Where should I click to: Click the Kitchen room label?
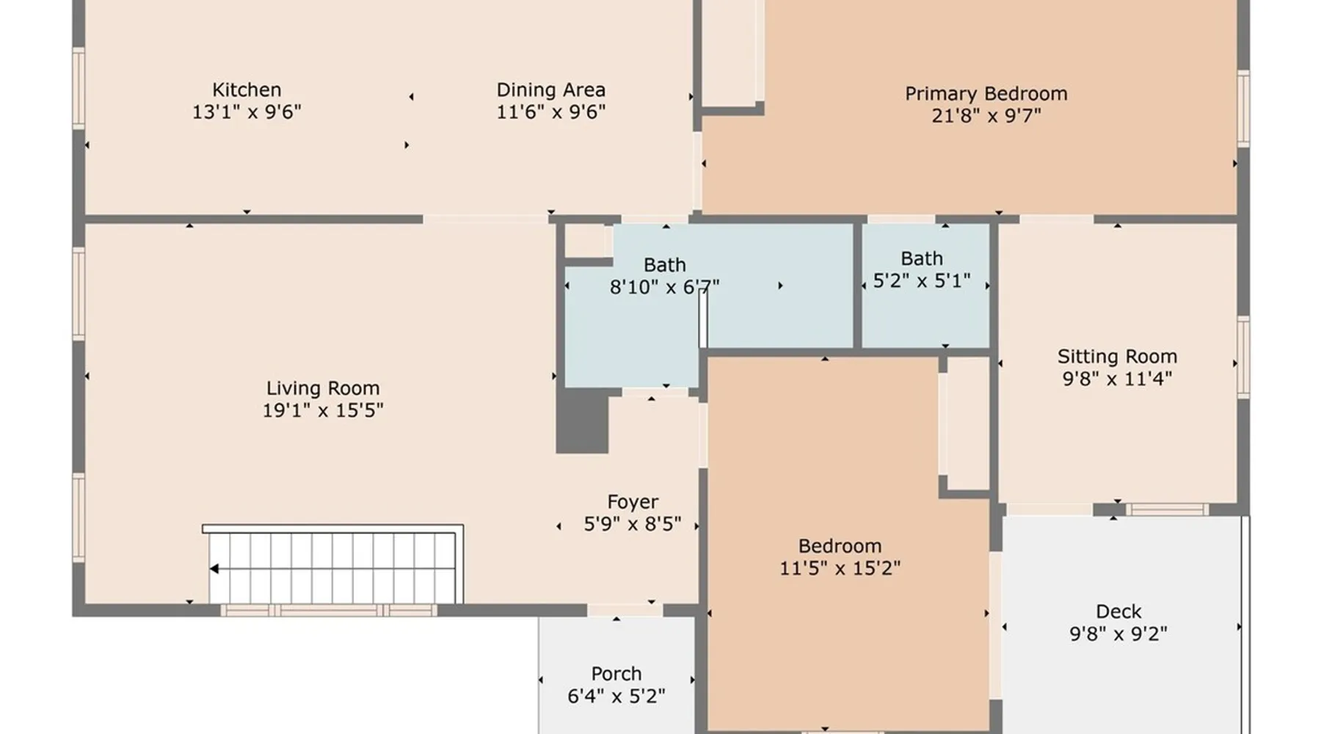[247, 90]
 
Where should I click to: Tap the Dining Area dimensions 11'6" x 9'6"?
[551, 112]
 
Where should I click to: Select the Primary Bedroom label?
[986, 94]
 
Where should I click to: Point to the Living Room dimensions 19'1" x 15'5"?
[323, 410]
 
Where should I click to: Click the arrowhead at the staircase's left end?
[214, 569]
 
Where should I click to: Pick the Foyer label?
[633, 502]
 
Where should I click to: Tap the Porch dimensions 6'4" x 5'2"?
[616, 695]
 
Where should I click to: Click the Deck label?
[1118, 611]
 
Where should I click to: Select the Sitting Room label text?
[1117, 357]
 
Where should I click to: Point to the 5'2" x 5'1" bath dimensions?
[922, 280]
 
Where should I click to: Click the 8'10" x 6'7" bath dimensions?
[664, 286]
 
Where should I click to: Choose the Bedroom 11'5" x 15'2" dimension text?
[840, 567]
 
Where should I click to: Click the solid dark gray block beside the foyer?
[582, 421]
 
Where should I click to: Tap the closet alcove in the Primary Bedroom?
[729, 53]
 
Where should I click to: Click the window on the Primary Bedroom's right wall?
[1242, 109]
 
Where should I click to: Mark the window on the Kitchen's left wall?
[79, 88]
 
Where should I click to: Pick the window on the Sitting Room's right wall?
[1242, 357]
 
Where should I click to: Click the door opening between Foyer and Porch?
[625, 610]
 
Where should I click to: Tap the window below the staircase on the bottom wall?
[329, 610]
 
